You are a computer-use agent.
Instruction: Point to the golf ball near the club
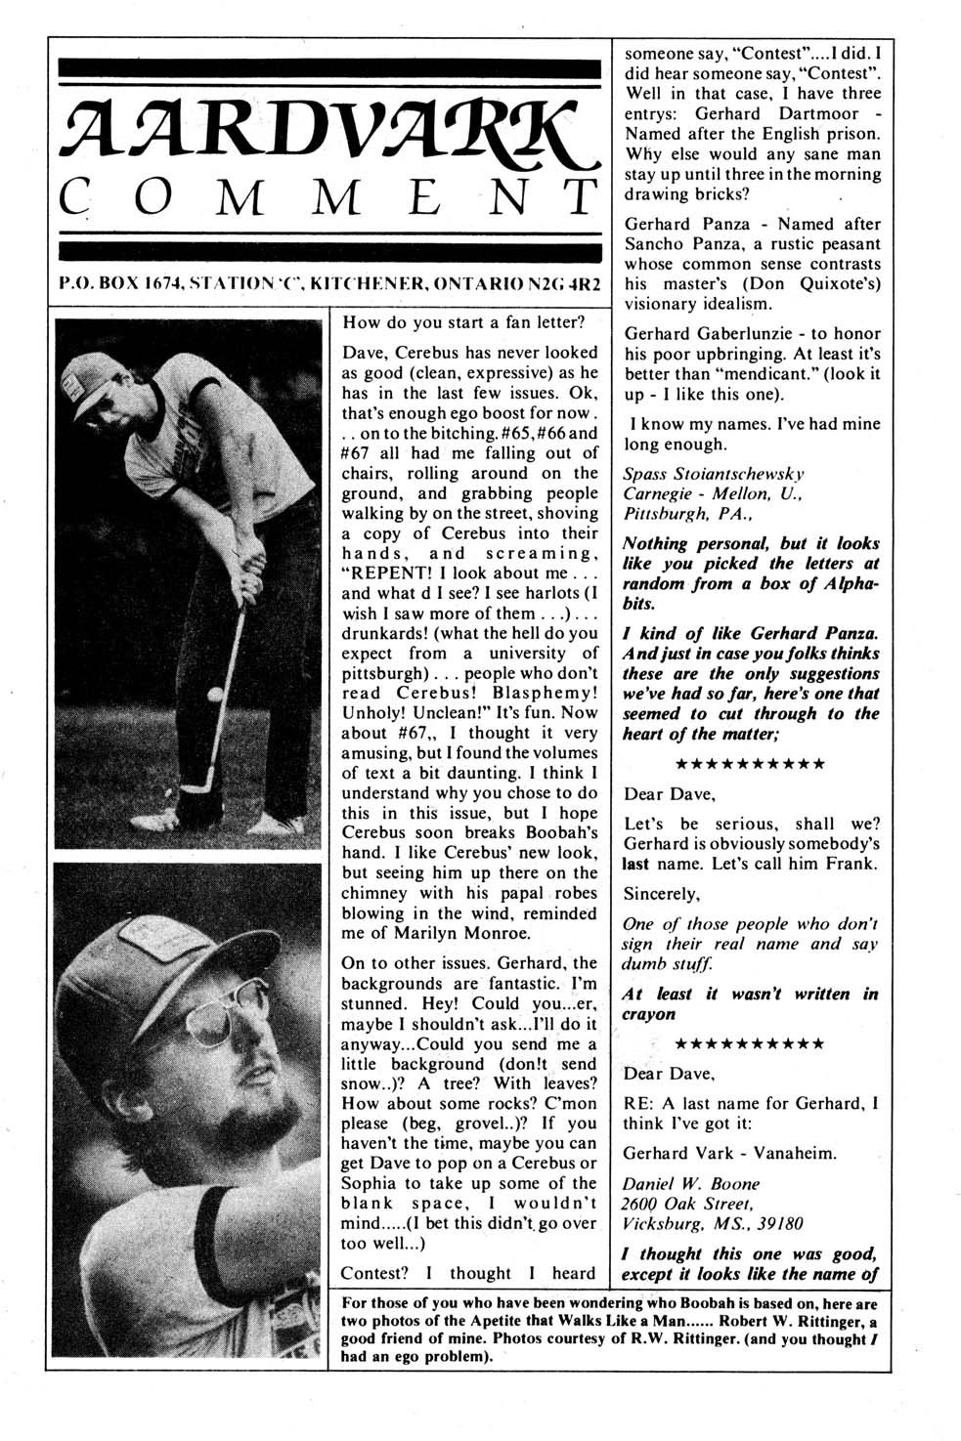216,695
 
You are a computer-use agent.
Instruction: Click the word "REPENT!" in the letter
386,572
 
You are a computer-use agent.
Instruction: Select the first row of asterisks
750,764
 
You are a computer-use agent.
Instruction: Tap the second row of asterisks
750,1044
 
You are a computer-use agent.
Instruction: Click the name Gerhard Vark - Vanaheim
730,1153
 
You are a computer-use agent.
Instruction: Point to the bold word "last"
640,864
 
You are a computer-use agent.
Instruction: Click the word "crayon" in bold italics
649,1014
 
